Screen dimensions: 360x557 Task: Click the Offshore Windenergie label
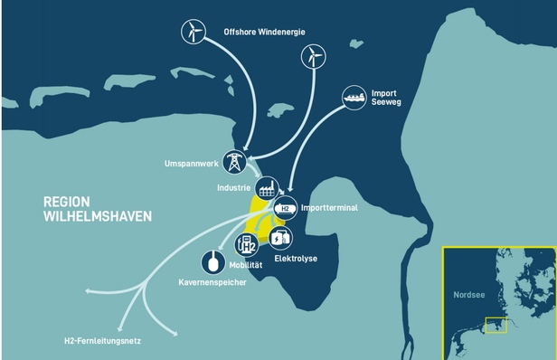[x=265, y=33]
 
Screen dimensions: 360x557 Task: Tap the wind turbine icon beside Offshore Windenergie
[x=193, y=32]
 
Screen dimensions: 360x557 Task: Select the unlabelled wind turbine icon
[x=312, y=58]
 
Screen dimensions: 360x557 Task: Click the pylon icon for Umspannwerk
[x=234, y=163]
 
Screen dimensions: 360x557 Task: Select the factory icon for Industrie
[x=267, y=189]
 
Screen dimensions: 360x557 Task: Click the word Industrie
[x=234, y=188]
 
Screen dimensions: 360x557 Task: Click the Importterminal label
[x=329, y=208]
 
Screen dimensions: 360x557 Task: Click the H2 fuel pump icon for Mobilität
[x=246, y=243]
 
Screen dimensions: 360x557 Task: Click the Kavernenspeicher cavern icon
[x=213, y=261]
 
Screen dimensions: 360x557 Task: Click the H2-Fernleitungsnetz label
[x=104, y=341]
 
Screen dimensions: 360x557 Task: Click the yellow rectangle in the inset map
[x=495, y=325]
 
